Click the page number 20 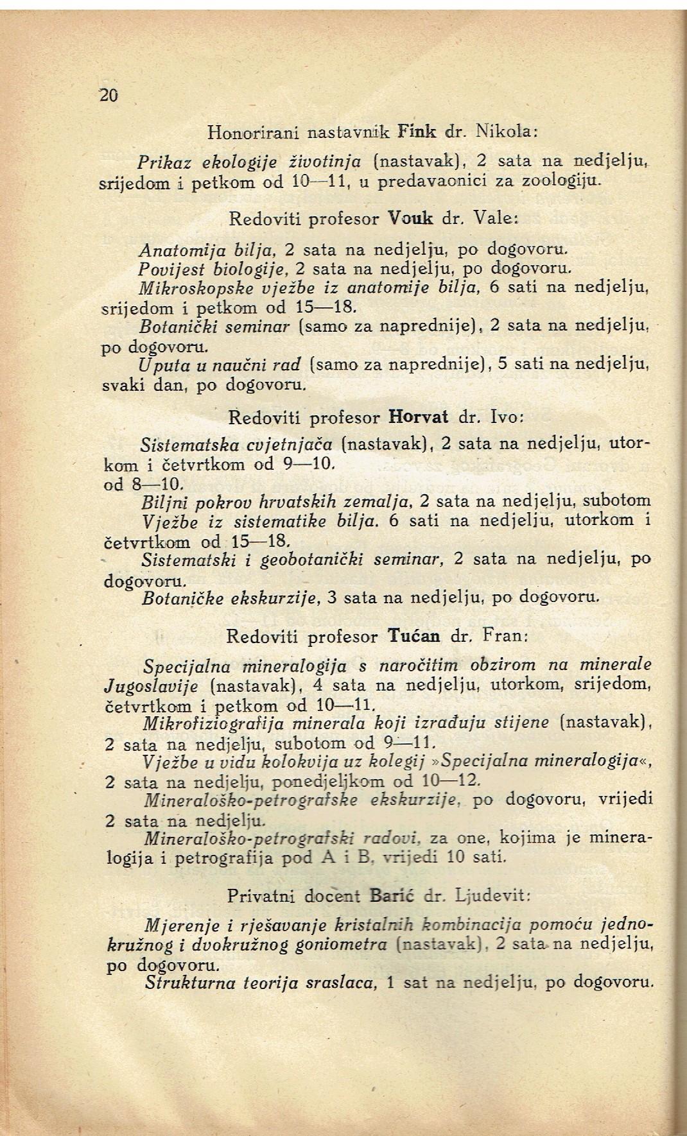109,96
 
